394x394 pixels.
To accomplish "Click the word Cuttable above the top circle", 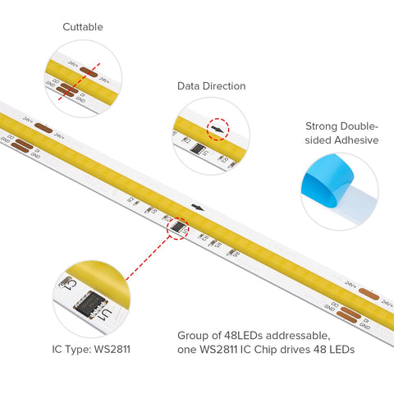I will (83, 27).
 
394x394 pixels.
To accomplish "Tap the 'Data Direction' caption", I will (211, 86).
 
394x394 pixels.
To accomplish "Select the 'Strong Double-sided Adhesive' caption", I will (341, 133).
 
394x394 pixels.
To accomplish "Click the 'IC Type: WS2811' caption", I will (89, 349).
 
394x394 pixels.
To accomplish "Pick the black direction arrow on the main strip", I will (198, 208).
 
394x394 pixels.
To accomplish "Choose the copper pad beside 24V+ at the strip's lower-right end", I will (368, 293).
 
